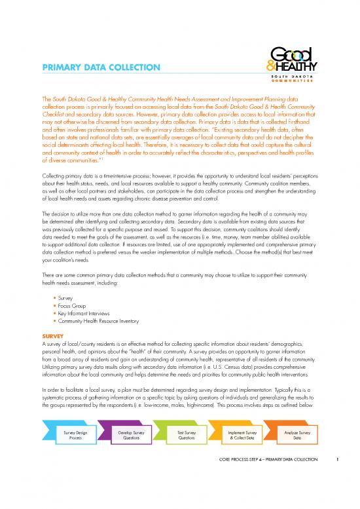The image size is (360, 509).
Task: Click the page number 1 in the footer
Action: pyautogui.click(x=336, y=486)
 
